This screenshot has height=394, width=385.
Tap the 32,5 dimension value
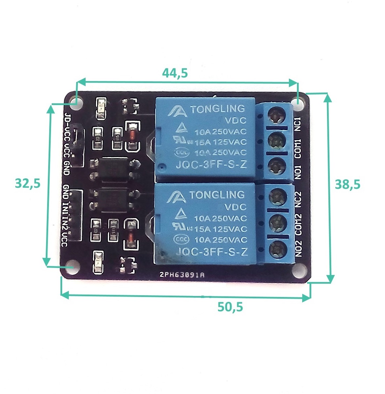28,183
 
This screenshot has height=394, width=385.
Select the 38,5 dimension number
347,184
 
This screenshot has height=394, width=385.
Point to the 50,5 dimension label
230,307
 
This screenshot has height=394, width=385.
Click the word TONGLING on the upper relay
217,109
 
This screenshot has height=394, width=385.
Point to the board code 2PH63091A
182,275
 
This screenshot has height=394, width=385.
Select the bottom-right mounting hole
299,269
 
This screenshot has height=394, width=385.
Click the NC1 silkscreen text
298,124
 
